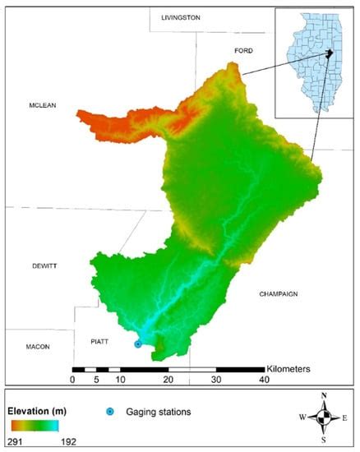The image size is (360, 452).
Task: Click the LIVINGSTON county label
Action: click(180, 17)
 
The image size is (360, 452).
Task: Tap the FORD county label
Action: click(243, 50)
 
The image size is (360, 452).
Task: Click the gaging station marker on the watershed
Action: click(138, 344)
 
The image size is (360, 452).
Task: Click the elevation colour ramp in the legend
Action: click(35, 425)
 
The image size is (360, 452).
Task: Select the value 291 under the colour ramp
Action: click(20, 440)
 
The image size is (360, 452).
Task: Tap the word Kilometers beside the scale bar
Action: click(288, 369)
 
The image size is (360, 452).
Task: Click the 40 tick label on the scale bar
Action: click(264, 380)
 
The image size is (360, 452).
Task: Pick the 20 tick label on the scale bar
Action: click(168, 380)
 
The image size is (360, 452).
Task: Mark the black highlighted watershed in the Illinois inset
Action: click(330, 54)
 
